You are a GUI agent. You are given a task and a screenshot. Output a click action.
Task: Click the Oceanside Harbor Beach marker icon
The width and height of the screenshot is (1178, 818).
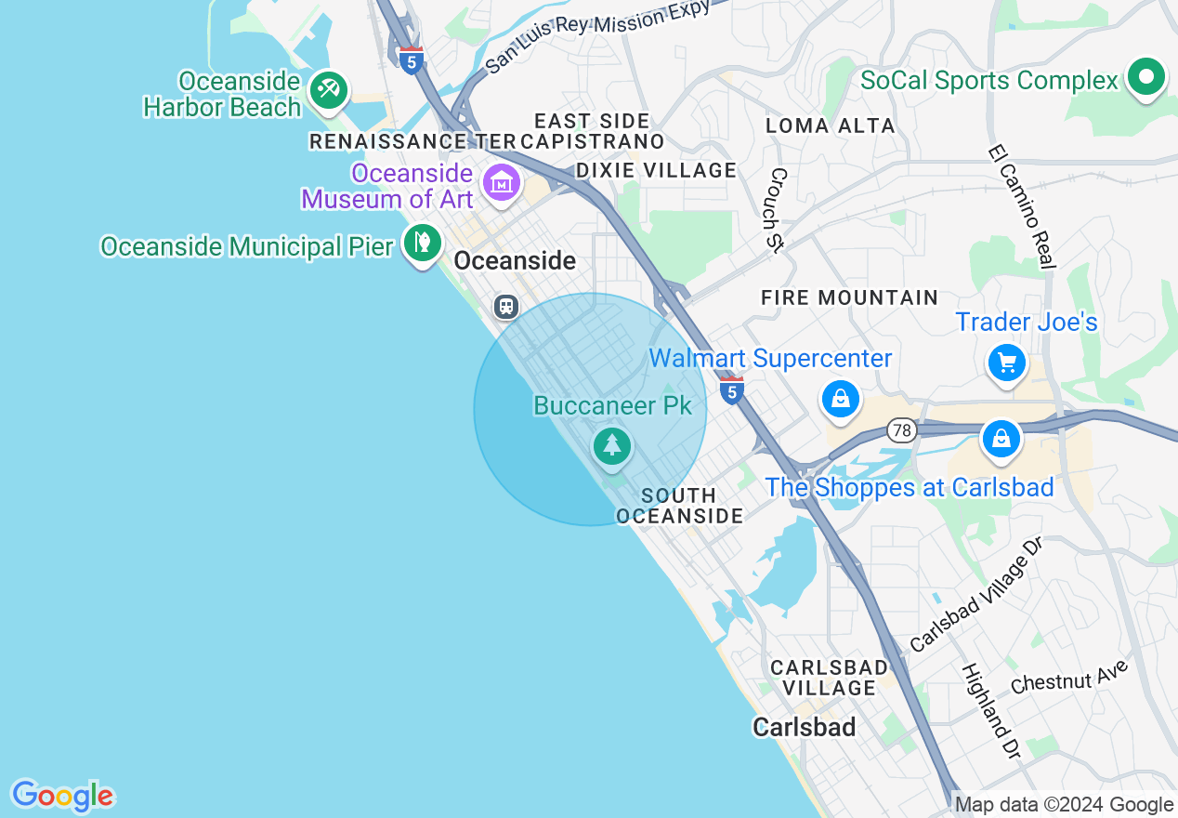click(x=328, y=90)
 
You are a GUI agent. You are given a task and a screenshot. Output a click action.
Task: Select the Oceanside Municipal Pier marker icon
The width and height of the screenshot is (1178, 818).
click(x=423, y=243)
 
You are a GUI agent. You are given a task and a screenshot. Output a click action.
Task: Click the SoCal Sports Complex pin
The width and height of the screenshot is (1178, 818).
click(x=1146, y=77)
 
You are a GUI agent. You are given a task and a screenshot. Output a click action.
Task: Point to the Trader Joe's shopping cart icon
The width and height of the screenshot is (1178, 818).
click(x=1006, y=362)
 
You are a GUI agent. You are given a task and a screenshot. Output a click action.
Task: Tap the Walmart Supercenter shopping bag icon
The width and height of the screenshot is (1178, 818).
click(x=840, y=400)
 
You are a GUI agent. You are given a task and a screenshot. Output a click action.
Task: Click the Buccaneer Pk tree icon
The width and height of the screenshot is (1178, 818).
click(x=611, y=446)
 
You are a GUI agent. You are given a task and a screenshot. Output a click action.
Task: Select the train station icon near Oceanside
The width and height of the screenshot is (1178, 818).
click(x=505, y=306)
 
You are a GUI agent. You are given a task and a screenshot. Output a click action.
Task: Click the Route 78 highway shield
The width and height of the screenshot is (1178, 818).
click(x=900, y=430)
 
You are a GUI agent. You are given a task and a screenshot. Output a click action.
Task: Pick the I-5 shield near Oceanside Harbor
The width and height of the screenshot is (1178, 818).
click(x=412, y=60)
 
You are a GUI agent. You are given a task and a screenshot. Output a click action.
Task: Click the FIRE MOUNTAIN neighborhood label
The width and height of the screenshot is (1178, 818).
click(x=849, y=297)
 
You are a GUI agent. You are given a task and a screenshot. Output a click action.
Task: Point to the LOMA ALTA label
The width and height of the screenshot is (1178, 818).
click(x=831, y=125)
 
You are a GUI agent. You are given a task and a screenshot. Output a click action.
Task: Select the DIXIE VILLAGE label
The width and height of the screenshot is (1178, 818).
click(x=656, y=170)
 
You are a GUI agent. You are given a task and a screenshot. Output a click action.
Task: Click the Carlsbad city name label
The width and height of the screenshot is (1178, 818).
click(x=805, y=727)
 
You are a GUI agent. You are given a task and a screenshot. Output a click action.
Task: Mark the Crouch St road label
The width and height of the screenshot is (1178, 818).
click(x=779, y=209)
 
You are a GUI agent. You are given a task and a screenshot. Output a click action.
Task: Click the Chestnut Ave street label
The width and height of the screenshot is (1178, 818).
click(x=1069, y=677)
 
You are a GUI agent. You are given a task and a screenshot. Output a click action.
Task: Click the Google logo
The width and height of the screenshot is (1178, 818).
click(x=62, y=796)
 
